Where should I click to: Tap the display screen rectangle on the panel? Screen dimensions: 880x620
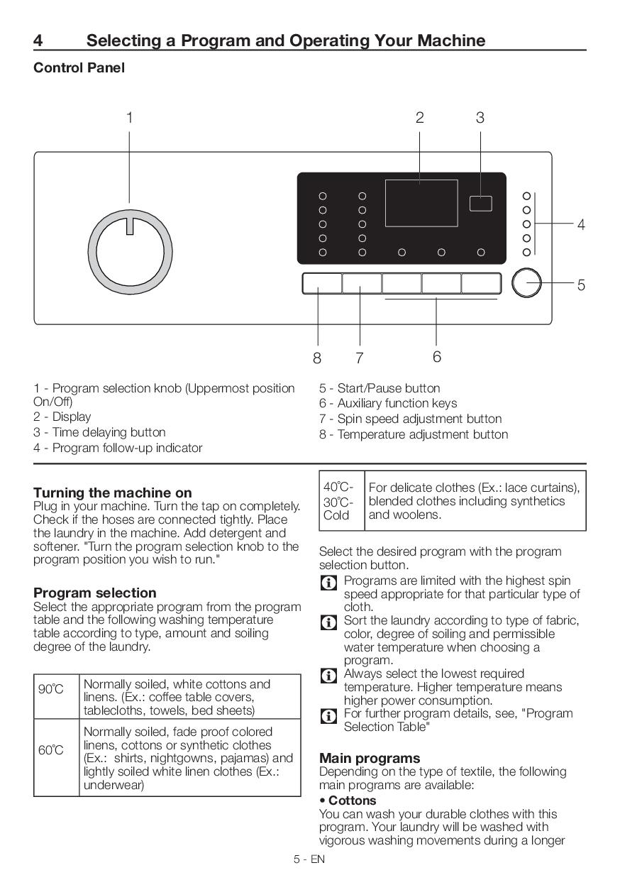point(421,203)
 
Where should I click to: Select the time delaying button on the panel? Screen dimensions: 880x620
point(480,203)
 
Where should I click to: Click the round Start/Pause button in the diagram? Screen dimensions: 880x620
point(526,283)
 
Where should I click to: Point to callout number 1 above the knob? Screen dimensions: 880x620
point(129,118)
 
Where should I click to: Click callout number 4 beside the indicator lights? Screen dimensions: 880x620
point(581,225)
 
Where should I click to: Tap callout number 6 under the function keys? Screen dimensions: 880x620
point(436,356)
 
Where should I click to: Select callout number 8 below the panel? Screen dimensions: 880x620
point(317,358)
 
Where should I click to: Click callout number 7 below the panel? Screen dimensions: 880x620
point(360,358)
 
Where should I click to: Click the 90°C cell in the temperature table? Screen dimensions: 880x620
point(51,689)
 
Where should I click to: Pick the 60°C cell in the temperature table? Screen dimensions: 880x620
point(51,750)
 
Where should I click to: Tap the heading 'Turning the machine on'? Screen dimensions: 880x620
point(112,493)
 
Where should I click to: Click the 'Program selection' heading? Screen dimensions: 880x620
point(94,593)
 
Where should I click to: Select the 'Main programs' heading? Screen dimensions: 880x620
point(369,758)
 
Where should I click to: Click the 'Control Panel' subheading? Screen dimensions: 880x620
point(79,68)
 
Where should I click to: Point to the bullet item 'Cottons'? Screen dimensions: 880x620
point(348,801)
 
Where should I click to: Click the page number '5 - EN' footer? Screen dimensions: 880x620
point(309,859)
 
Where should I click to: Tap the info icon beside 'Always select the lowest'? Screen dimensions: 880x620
point(328,676)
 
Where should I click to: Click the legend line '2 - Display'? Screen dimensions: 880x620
point(62,417)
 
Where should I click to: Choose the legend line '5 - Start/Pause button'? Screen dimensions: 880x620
point(379,388)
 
